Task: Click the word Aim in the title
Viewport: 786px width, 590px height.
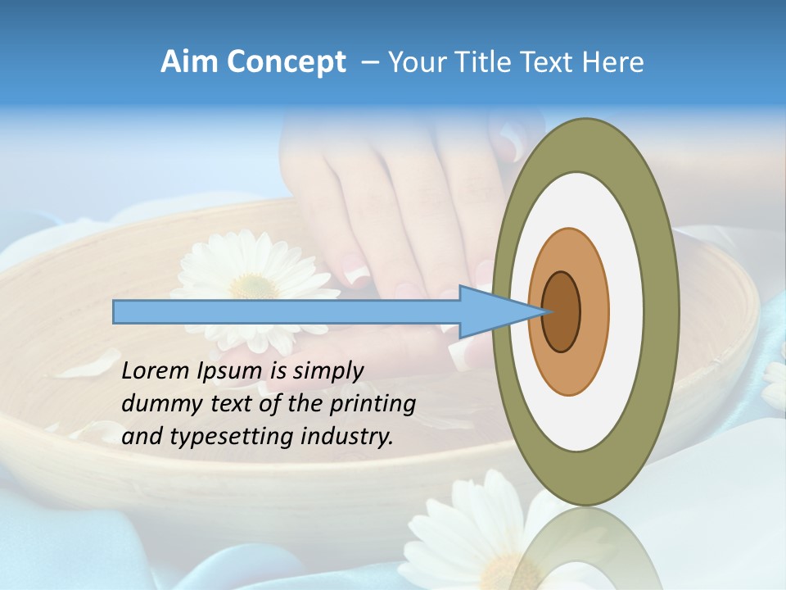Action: (187, 62)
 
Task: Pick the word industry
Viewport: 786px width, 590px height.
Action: (347, 437)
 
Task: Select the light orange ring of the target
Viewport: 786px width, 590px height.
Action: (594, 311)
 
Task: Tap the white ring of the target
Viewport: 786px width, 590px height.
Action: (626, 311)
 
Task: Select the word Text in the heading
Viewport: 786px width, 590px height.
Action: (552, 62)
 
